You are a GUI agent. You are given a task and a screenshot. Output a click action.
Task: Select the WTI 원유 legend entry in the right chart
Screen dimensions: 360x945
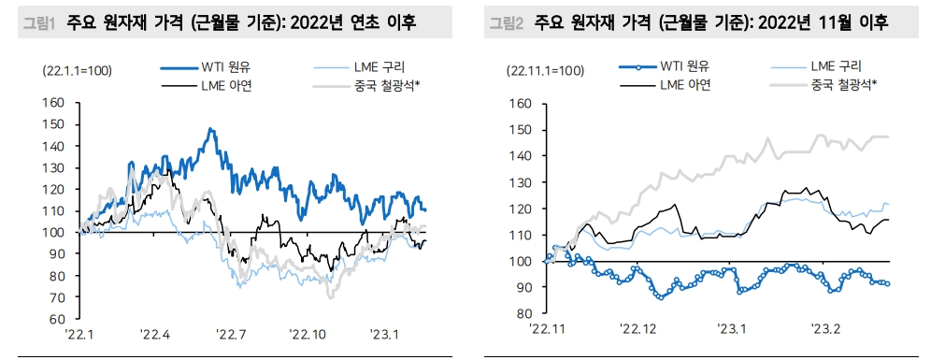[687, 67]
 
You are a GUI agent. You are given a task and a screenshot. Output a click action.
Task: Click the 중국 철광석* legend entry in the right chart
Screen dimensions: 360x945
[844, 86]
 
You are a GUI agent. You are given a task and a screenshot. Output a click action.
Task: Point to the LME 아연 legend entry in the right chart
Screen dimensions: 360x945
[687, 86]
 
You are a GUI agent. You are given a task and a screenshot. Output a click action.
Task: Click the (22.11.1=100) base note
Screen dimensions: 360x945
[546, 70]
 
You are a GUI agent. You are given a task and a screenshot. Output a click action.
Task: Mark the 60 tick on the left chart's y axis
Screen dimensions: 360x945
[57, 319]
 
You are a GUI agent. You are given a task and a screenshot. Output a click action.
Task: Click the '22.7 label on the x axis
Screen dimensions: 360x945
[230, 334]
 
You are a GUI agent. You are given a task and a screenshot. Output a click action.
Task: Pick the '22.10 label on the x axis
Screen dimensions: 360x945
[307, 334]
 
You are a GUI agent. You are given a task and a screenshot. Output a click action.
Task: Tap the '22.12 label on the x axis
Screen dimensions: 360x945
[638, 328]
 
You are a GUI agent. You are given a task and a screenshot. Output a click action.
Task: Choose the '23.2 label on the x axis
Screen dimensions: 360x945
[826, 328]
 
